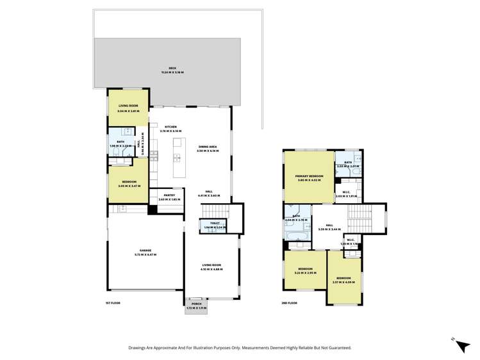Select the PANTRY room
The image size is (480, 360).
(x=170, y=197)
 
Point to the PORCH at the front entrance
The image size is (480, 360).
(x=196, y=306)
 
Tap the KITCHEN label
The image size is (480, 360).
(x=170, y=127)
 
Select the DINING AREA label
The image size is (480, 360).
(x=208, y=147)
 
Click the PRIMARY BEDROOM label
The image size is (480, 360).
(x=309, y=176)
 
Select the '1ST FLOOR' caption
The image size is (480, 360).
(x=113, y=302)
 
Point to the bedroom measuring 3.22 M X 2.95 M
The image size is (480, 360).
(x=305, y=270)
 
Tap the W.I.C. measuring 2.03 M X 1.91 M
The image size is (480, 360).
(x=346, y=193)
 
